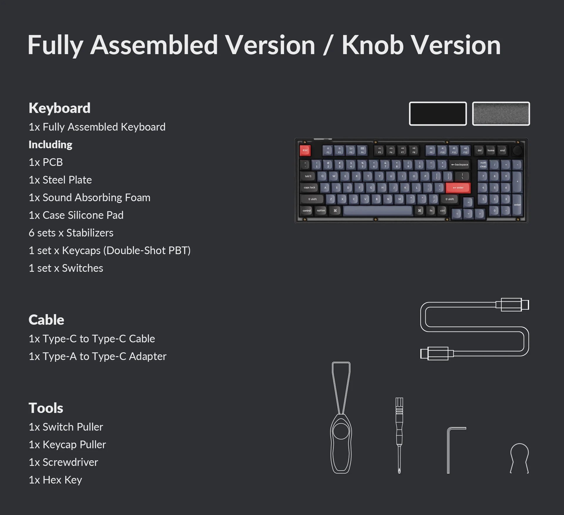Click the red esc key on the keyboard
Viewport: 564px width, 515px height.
[x=305, y=150]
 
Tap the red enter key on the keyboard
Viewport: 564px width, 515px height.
[x=458, y=188]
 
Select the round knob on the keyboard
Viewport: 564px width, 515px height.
[x=517, y=150]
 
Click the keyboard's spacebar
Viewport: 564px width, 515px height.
[x=378, y=211]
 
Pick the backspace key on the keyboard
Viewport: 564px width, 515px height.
[x=460, y=165]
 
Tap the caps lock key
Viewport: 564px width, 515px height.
[x=310, y=188]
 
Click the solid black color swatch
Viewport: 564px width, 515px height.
[x=438, y=114]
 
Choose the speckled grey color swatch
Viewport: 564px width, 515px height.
[x=501, y=114]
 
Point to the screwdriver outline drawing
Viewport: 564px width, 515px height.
[x=399, y=435]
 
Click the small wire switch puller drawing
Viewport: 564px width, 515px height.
[x=519, y=457]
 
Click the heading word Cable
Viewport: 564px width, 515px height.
[x=46, y=320]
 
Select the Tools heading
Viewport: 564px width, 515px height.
[x=46, y=408]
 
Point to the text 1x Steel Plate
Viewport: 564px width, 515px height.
[x=60, y=180]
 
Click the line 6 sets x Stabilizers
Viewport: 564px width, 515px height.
[x=71, y=233]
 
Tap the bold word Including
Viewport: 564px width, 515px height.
[x=51, y=144]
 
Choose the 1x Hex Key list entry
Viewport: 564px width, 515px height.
[x=55, y=480]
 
